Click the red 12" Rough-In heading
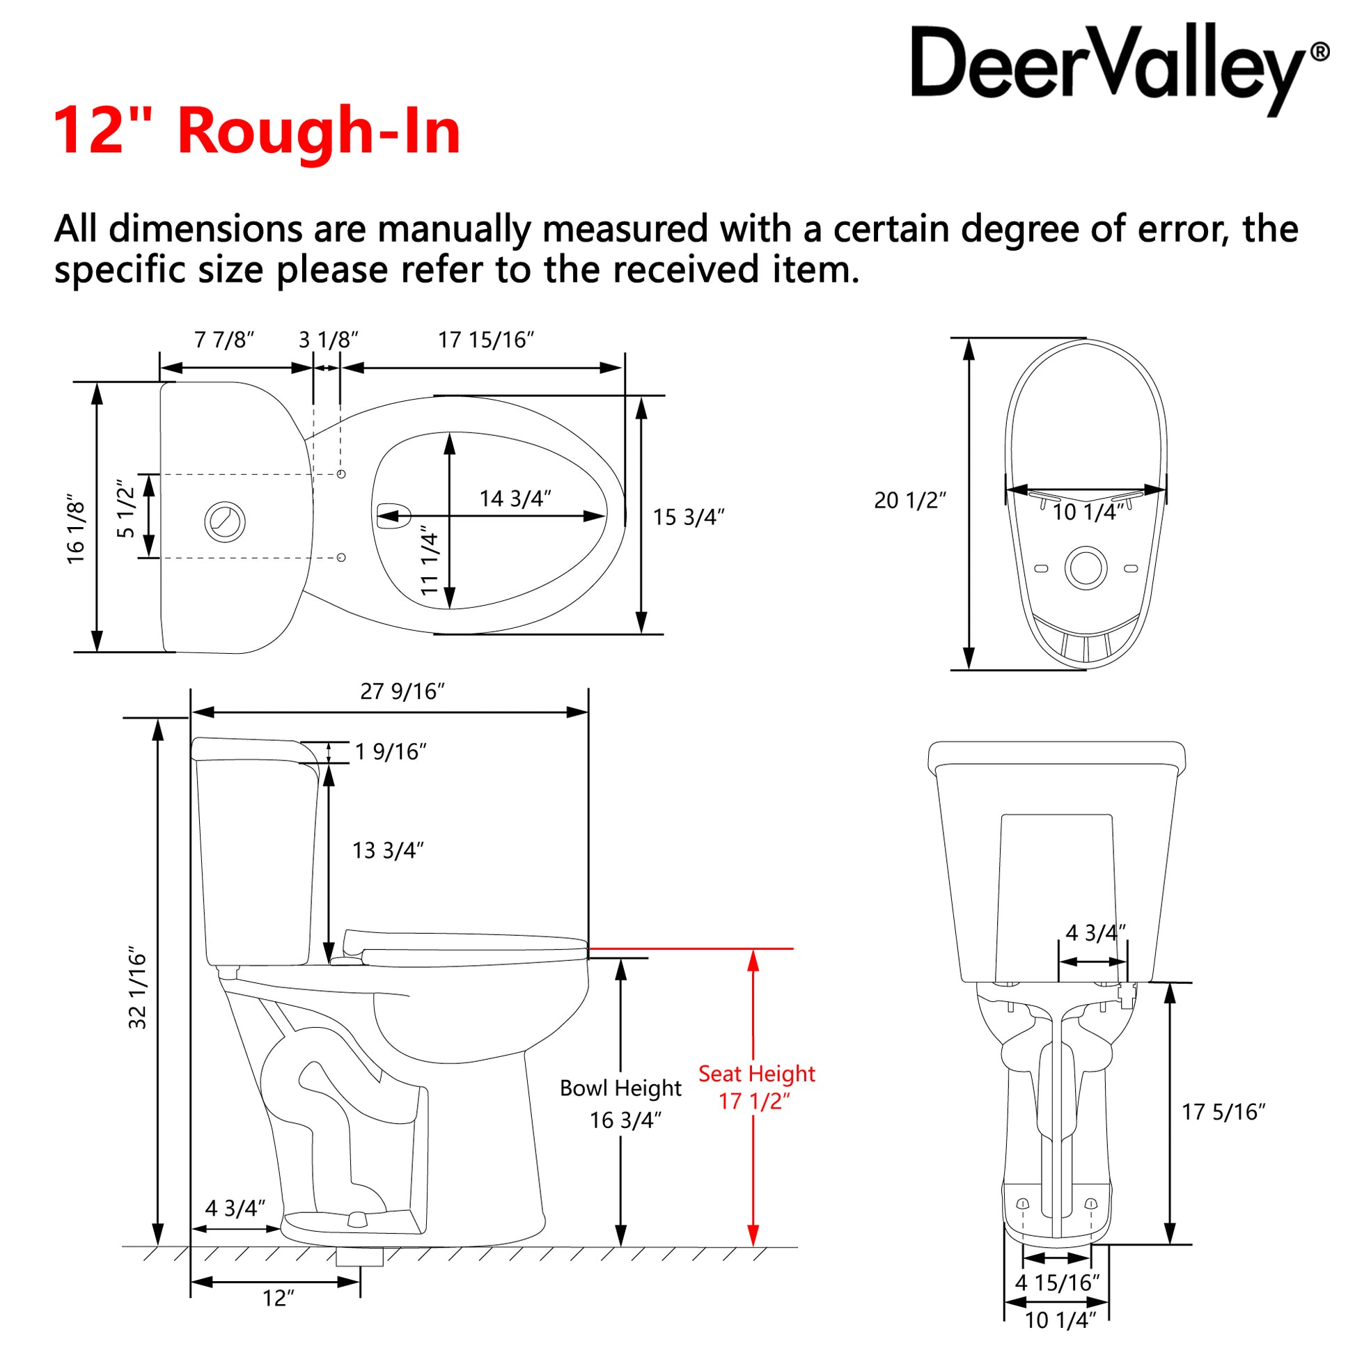click(x=257, y=130)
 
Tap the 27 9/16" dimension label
click(x=402, y=691)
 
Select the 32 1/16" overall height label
click(x=137, y=989)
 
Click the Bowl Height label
click(x=620, y=1088)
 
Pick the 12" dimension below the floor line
click(x=279, y=1298)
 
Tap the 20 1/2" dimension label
click(x=909, y=500)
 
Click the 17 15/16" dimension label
click(x=486, y=340)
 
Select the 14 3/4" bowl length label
click(x=515, y=499)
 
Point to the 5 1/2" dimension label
click(x=125, y=508)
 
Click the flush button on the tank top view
click(x=225, y=521)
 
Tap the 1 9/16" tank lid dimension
click(x=391, y=752)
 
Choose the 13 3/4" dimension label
click(x=388, y=850)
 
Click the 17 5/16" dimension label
click(x=1224, y=1111)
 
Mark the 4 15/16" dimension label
click(x=1058, y=1283)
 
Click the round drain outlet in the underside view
click(x=1086, y=567)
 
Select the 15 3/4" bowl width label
click(x=688, y=517)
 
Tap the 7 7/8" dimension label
click(x=224, y=340)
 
